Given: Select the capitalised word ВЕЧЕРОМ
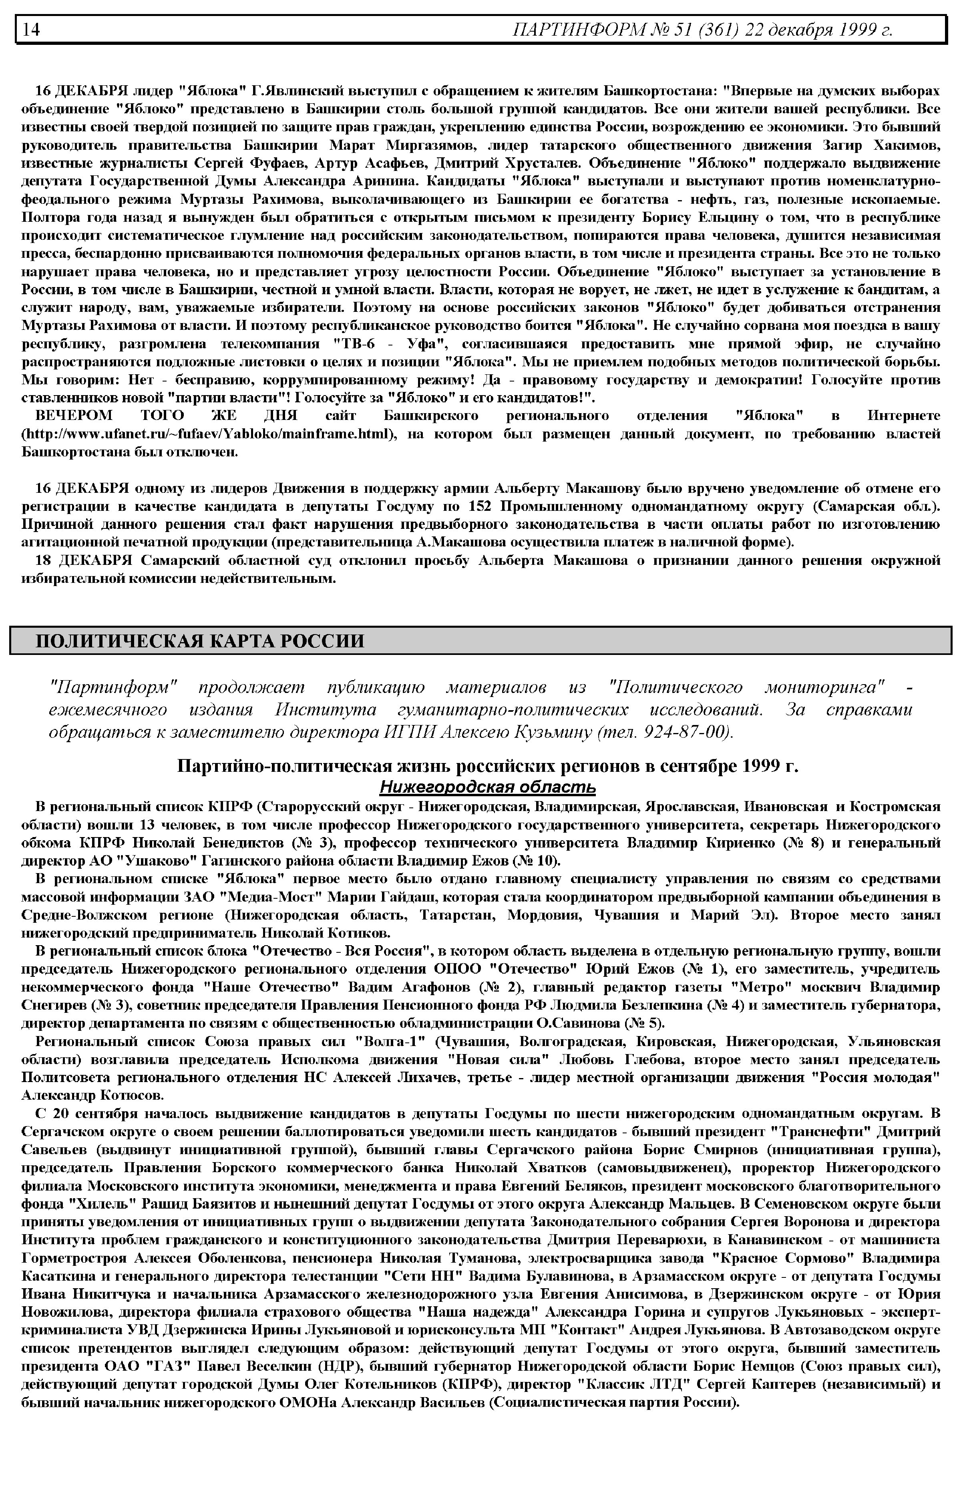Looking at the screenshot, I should [74, 416].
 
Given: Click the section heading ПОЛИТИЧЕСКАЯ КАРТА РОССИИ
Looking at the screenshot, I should [200, 641].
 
